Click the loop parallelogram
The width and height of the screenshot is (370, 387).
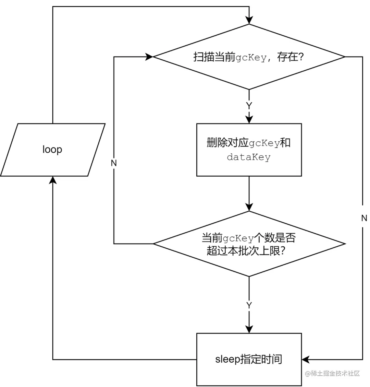pyautogui.click(x=52, y=150)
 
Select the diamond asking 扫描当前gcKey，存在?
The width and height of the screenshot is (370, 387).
pyautogui.click(x=249, y=57)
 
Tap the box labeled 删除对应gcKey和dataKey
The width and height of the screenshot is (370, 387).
pyautogui.click(x=249, y=150)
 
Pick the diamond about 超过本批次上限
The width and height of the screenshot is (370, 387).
pyautogui.click(x=249, y=244)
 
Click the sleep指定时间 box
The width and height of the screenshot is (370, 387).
pyautogui.click(x=249, y=359)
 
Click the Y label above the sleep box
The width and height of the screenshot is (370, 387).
pyautogui.click(x=249, y=305)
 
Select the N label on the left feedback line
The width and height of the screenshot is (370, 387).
pyautogui.click(x=114, y=163)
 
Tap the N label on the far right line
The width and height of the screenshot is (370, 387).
pyautogui.click(x=364, y=218)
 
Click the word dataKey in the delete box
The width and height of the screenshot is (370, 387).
pyautogui.click(x=249, y=157)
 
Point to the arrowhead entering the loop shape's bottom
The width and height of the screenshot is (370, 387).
pyautogui.click(x=52, y=180)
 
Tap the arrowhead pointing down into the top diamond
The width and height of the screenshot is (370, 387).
pyautogui.click(x=249, y=20)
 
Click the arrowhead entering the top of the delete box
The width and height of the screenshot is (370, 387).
pyautogui.click(x=249, y=119)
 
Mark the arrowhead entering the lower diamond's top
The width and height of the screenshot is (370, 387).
pyautogui.click(x=249, y=207)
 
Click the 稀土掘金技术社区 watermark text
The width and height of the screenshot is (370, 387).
pyautogui.click(x=332, y=373)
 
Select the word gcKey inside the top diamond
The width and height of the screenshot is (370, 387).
pyautogui.click(x=251, y=58)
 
